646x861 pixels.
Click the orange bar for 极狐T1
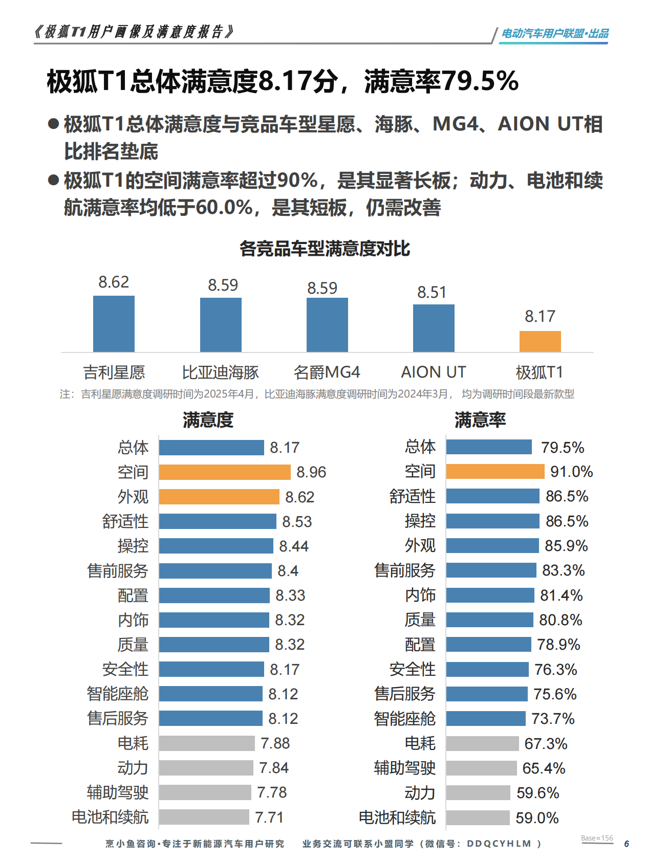tap(540, 341)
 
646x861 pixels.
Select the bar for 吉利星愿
tap(114, 323)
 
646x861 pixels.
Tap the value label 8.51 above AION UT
tap(432, 292)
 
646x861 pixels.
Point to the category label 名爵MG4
tap(327, 372)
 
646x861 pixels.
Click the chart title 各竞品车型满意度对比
tap(325, 249)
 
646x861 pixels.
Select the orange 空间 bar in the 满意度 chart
tap(224, 472)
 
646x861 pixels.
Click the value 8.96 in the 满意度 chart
tap(311, 472)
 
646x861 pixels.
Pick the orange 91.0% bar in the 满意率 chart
tap(494, 471)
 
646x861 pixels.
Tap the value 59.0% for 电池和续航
tap(537, 818)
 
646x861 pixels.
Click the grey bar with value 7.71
tap(204, 817)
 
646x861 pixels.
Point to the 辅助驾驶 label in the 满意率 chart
tap(404, 768)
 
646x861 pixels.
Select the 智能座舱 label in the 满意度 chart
tap(117, 694)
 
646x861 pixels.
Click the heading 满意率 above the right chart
tap(480, 420)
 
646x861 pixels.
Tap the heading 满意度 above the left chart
tap(208, 420)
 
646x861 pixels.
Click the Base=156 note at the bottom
tap(597, 838)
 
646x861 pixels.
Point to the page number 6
tap(626, 844)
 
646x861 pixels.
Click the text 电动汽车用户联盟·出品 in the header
tap(554, 34)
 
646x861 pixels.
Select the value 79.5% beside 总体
tap(562, 448)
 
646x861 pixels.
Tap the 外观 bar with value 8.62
tap(219, 497)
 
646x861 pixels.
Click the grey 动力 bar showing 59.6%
tap(478, 792)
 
